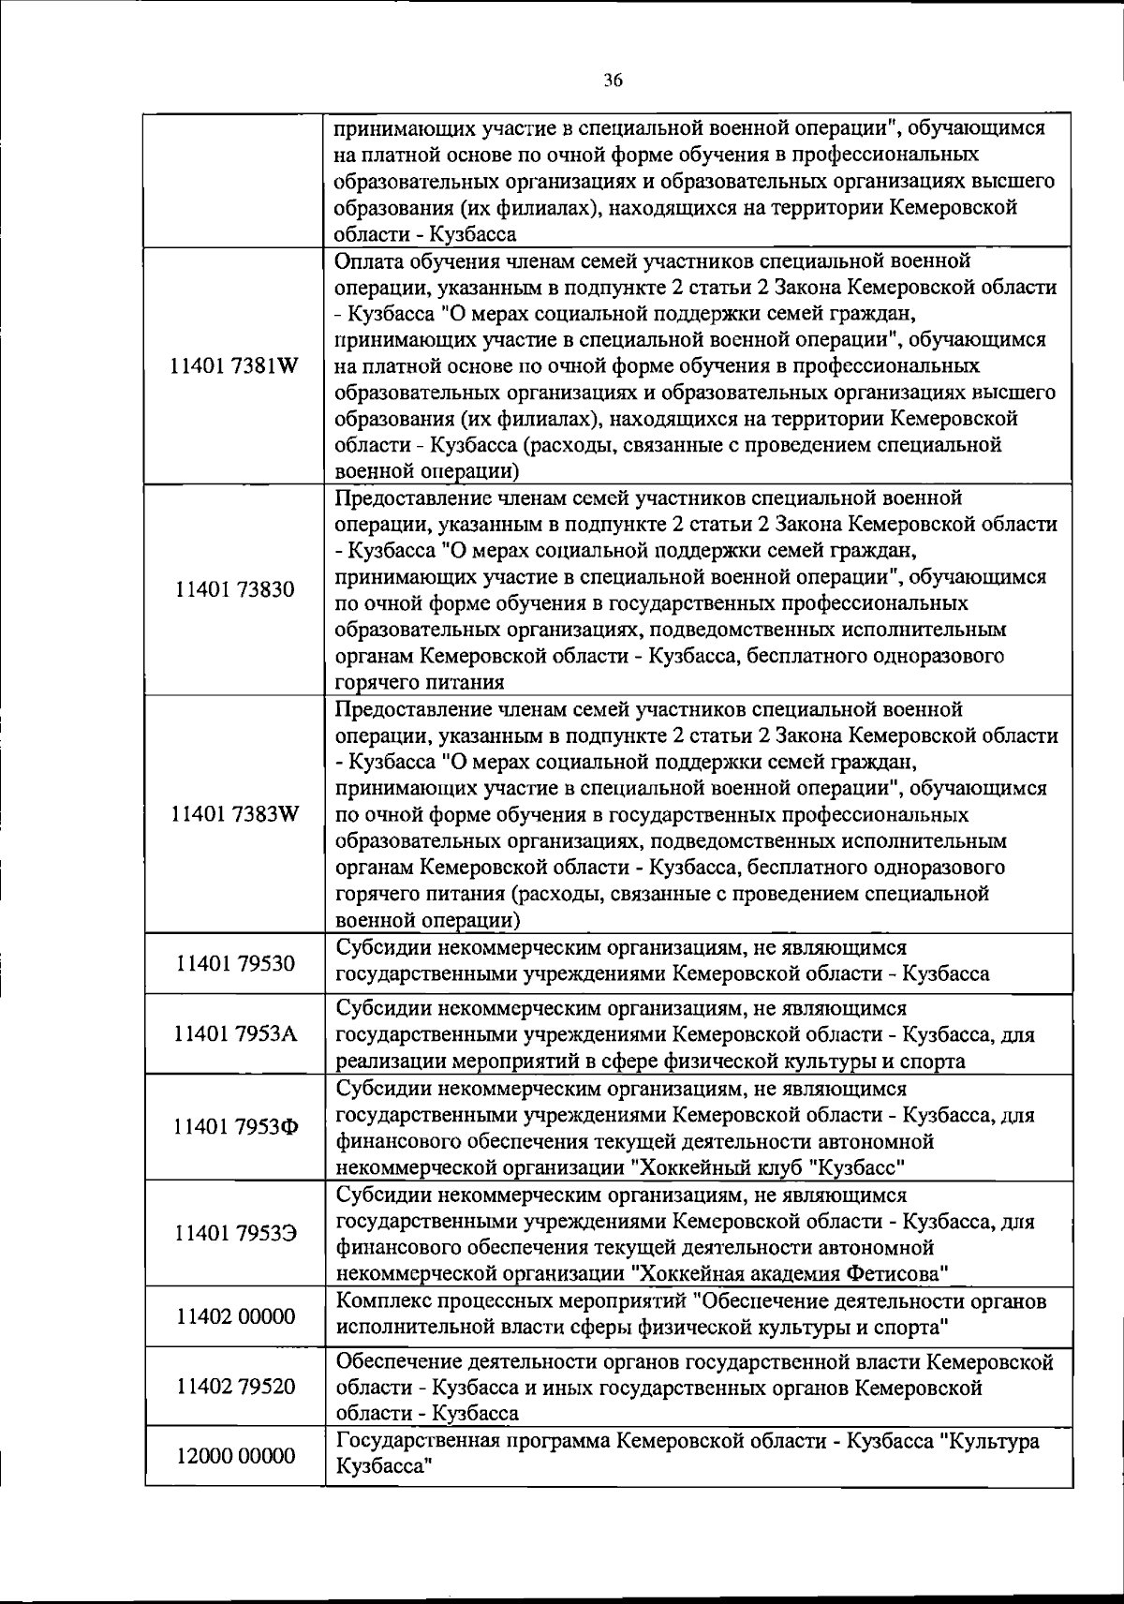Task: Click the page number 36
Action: click(614, 81)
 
